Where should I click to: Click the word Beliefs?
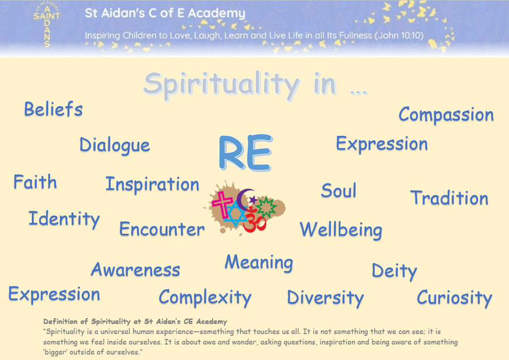[x=54, y=109]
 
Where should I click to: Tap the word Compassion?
[x=446, y=115]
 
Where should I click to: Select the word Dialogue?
[x=115, y=145]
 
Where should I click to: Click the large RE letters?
[x=245, y=152]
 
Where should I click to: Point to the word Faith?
[x=35, y=182]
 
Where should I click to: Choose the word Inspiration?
[x=152, y=185]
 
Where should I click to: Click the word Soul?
[x=339, y=190]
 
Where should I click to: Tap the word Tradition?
[x=449, y=198]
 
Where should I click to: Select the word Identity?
[x=64, y=219]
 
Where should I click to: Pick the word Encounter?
[x=162, y=229]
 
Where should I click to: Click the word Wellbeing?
[x=341, y=230]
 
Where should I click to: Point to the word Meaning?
[x=259, y=263]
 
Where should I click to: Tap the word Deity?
[x=394, y=271]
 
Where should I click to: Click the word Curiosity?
[x=455, y=298]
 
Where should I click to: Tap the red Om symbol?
[x=255, y=220]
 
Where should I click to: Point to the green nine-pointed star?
[x=266, y=207]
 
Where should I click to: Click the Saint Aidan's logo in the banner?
[x=47, y=24]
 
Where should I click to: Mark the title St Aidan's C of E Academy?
[x=165, y=13]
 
